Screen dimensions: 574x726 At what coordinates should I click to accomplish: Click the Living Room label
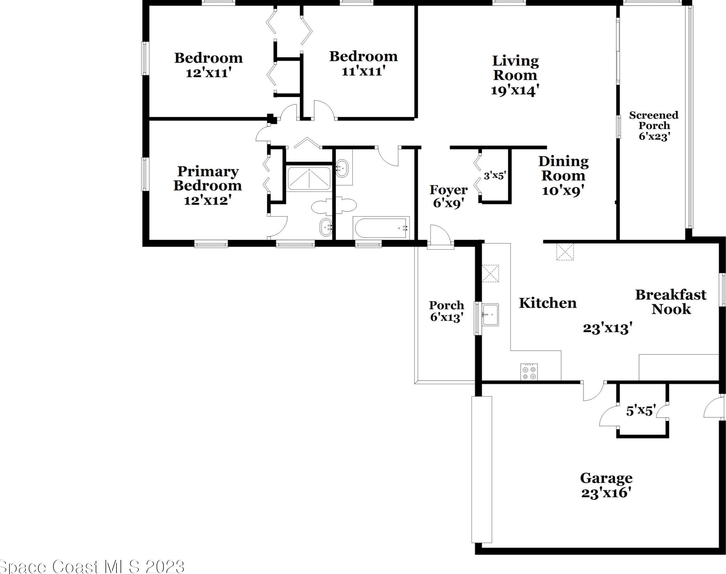tap(515, 68)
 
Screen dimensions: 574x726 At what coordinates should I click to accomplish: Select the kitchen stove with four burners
tap(529, 372)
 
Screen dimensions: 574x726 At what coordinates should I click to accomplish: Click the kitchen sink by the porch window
tap(490, 315)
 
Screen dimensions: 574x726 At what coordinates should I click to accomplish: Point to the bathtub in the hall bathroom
tap(381, 228)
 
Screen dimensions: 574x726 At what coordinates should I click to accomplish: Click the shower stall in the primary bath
tap(309, 178)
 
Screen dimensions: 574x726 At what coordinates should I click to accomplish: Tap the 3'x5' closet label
tap(495, 176)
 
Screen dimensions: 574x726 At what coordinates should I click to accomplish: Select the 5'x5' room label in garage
tap(641, 411)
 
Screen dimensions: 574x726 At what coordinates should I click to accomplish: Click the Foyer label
tap(449, 190)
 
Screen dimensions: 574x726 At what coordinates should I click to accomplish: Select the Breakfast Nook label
tap(671, 302)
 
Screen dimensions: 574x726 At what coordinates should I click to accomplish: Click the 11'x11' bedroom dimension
tap(363, 71)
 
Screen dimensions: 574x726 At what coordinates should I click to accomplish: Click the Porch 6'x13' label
tap(446, 311)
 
